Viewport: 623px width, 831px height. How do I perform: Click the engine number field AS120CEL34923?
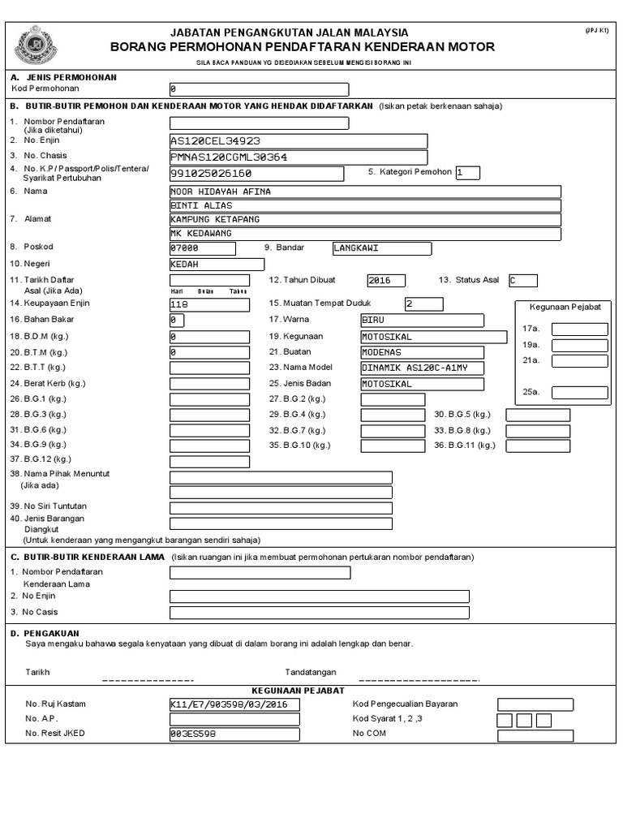click(x=298, y=140)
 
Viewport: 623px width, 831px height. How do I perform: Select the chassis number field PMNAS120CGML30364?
click(x=298, y=157)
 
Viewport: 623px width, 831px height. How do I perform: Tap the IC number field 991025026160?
click(x=256, y=174)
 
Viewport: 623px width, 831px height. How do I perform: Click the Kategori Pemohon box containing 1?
click(x=467, y=172)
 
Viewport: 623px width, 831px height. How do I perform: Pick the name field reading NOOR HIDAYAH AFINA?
click(x=364, y=192)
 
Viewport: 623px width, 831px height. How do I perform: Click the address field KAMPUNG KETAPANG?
click(x=364, y=219)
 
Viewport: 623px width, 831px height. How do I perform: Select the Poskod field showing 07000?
click(x=209, y=248)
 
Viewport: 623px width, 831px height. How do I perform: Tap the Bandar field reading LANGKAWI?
click(x=382, y=248)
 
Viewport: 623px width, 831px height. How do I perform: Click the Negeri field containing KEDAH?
click(x=217, y=265)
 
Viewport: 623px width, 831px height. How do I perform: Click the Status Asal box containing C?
click(x=522, y=280)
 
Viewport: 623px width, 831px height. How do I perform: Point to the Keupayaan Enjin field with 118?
click(x=209, y=304)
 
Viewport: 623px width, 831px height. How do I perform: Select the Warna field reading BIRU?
click(x=422, y=320)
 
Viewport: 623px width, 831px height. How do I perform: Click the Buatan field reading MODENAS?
click(x=422, y=352)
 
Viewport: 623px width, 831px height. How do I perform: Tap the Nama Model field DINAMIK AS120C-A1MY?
click(x=422, y=368)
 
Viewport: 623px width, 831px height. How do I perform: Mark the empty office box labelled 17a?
click(x=579, y=329)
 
